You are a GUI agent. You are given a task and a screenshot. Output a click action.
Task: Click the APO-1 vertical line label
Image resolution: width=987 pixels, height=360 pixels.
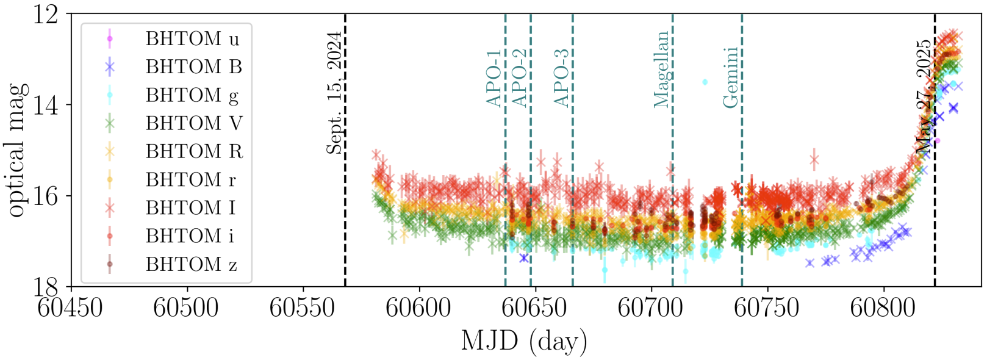493,78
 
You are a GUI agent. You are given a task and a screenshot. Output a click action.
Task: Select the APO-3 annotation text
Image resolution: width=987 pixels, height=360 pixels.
561,78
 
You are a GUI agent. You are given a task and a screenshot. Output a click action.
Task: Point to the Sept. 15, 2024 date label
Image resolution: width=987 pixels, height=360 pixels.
334,93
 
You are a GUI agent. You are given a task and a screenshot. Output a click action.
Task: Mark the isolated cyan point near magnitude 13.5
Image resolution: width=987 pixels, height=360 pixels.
705,82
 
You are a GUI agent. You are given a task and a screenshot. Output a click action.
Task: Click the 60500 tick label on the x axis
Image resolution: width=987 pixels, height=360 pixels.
186,307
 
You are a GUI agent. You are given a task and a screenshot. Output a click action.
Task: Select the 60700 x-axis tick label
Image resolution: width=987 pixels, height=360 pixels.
650,307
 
